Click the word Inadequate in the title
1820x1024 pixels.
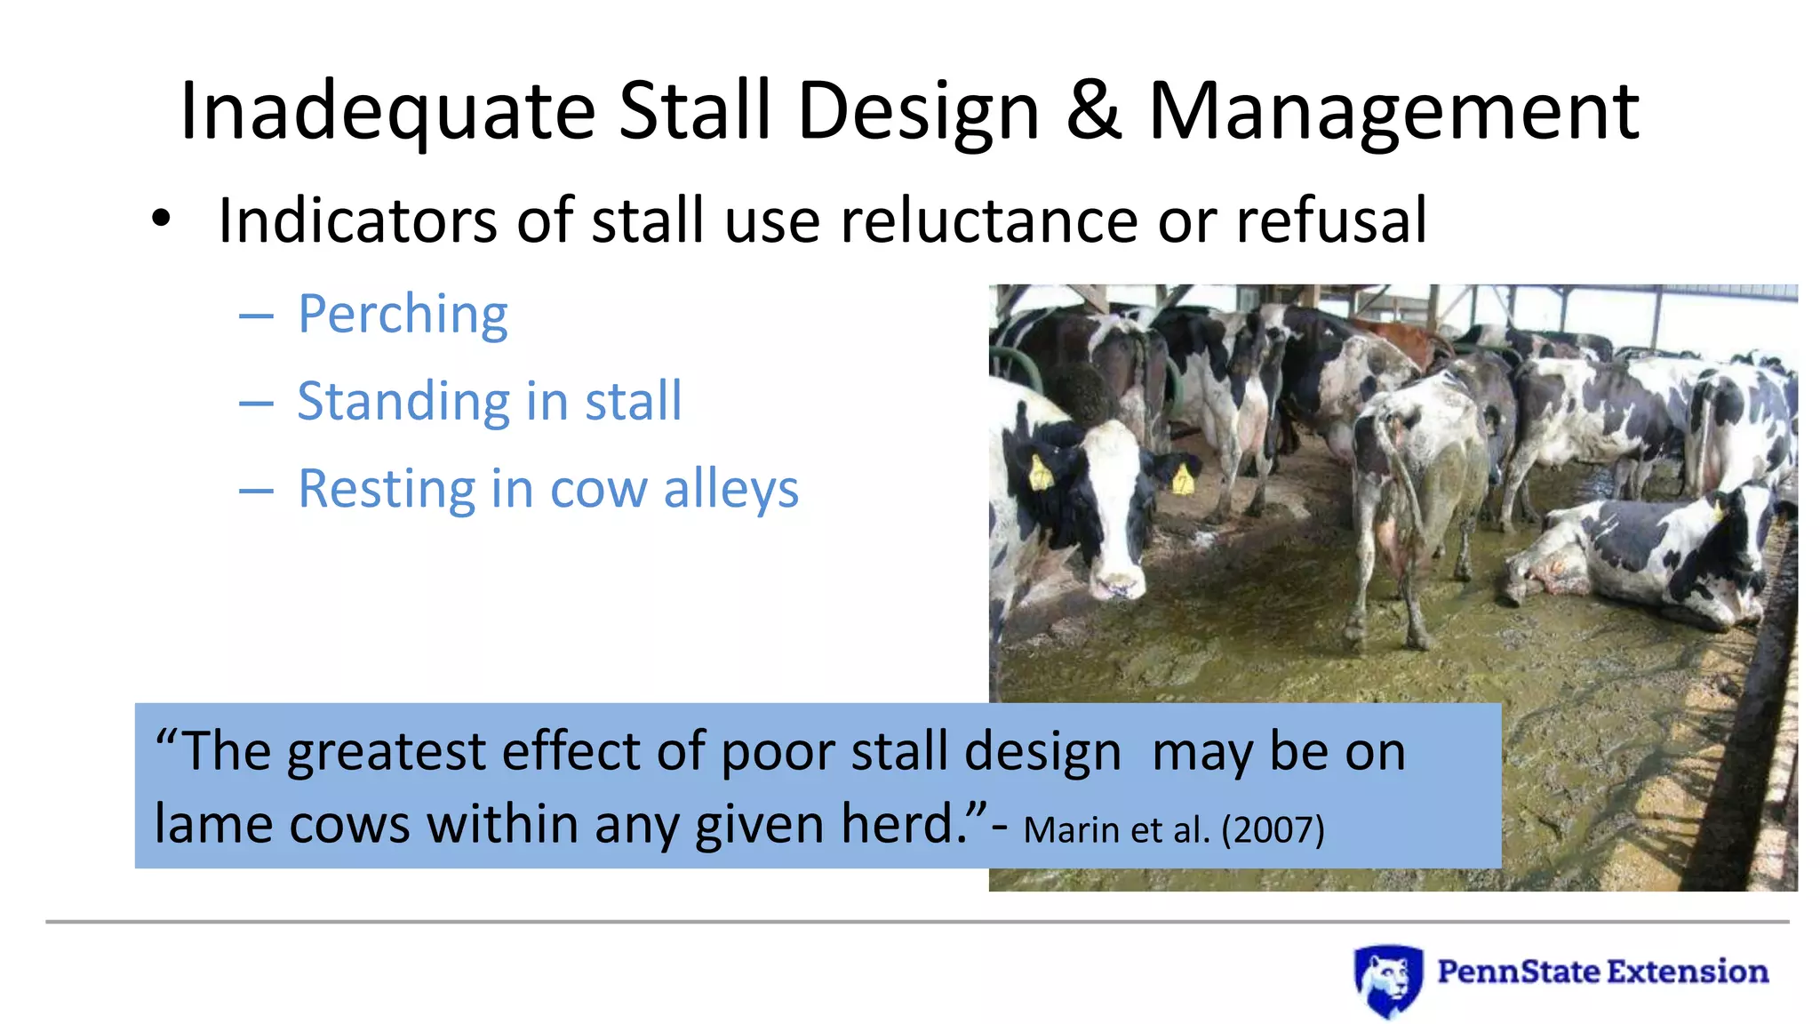tap(387, 111)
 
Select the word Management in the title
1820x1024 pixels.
tap(1393, 113)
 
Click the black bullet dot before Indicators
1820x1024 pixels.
tap(160, 219)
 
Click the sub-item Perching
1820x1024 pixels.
tap(403, 314)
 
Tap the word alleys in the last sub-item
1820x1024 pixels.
tap(730, 489)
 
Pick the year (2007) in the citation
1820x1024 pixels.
tap(1273, 830)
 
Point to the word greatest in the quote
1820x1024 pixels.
tap(387, 752)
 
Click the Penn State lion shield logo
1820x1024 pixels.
tap(1387, 979)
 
